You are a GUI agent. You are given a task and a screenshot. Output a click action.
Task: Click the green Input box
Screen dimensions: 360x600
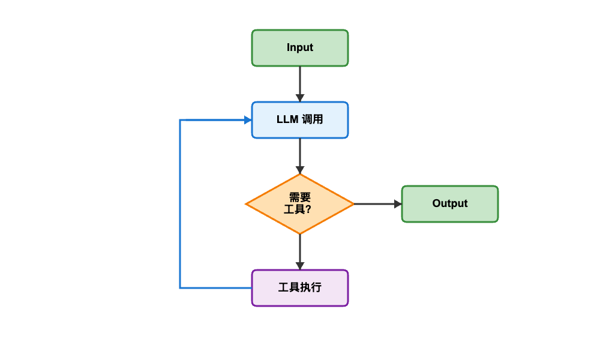point(300,48)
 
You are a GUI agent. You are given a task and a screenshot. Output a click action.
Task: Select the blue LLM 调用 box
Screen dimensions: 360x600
point(300,120)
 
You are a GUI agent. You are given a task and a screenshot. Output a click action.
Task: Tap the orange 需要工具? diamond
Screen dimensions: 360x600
point(300,204)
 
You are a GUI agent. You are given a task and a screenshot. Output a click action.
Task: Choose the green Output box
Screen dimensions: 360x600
point(450,204)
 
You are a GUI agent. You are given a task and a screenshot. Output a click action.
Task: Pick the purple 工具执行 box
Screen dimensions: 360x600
point(300,288)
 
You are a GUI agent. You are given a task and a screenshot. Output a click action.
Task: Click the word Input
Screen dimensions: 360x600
point(300,48)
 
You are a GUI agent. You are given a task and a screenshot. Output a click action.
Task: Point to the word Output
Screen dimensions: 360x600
point(450,204)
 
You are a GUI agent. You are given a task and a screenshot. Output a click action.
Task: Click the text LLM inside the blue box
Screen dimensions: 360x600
point(286,120)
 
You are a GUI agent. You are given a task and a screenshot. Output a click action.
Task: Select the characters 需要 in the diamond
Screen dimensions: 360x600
point(300,197)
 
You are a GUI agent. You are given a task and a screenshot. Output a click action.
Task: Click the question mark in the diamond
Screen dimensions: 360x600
point(308,210)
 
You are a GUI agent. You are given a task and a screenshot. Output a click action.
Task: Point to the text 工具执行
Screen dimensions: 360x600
point(300,288)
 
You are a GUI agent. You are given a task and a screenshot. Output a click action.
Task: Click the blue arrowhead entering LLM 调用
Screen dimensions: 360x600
point(248,120)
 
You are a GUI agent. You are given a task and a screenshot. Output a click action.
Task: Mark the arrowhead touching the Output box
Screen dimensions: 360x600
point(398,204)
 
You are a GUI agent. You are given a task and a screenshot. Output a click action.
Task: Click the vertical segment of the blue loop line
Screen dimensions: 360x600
point(180,204)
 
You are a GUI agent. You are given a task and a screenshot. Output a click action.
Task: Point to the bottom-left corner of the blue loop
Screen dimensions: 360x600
point(180,288)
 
